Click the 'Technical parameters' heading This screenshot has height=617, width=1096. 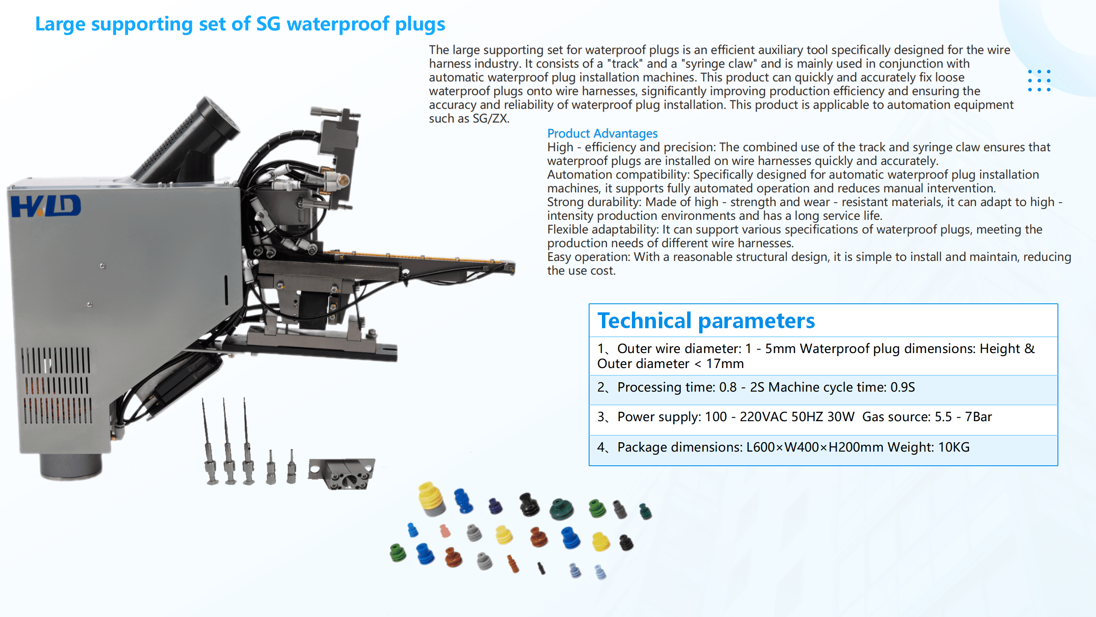coord(706,321)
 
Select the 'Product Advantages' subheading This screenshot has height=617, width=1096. coord(602,133)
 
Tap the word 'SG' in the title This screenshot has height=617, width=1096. coord(268,24)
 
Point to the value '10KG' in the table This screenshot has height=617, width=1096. coord(953,447)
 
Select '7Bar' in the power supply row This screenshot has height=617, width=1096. coord(978,416)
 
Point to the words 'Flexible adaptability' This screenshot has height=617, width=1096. coord(602,229)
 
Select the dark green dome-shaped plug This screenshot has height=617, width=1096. coord(561,509)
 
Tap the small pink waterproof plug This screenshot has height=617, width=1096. coord(445,531)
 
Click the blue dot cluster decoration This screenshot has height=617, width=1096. coord(1039,81)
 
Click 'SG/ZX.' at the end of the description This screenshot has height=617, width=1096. coord(491,119)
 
